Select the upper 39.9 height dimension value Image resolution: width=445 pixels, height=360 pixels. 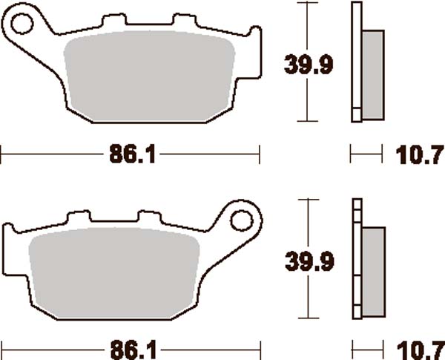308,65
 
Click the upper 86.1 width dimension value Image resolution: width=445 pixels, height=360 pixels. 130,156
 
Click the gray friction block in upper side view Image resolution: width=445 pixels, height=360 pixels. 373,74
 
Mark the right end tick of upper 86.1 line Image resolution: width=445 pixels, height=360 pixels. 259,155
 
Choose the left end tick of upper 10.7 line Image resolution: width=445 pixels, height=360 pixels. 351,155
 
